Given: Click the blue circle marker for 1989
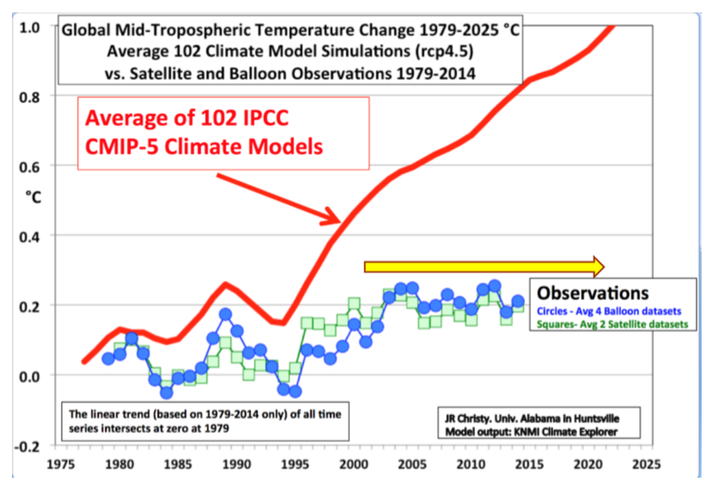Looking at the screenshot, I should [225, 315].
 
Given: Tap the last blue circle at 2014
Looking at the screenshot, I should [518, 301].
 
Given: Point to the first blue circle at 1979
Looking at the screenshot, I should [108, 358].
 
